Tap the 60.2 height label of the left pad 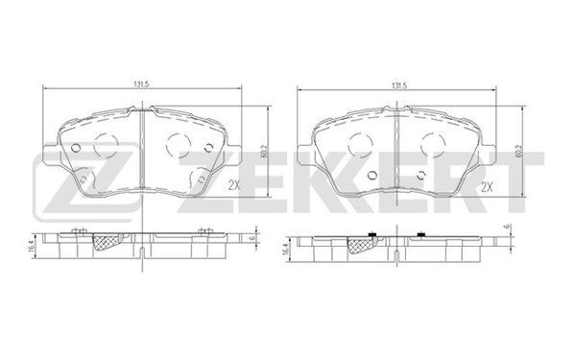(x=264, y=151)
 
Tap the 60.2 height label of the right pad (x=518, y=151)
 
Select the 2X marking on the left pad (x=234, y=185)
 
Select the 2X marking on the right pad (x=487, y=188)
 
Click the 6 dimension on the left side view (x=252, y=238)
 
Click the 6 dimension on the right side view (x=508, y=227)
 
